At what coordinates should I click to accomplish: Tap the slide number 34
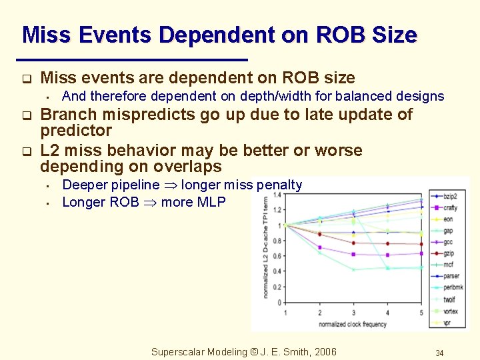point(439,353)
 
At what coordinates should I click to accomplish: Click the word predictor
point(76,130)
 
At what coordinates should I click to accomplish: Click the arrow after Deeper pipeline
point(170,185)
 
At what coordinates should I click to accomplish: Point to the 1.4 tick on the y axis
point(277,195)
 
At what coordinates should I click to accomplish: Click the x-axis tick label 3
point(354,313)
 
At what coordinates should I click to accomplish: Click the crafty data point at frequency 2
point(320,247)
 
